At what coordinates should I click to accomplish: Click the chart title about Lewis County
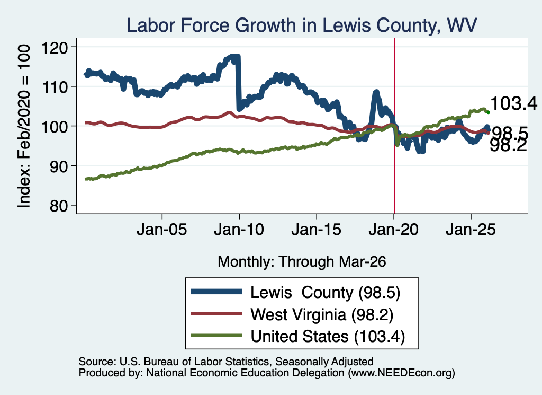point(302,25)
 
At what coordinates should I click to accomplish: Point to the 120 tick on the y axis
point(55,47)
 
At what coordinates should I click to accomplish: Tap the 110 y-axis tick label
point(55,86)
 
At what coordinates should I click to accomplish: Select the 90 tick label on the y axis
point(58,166)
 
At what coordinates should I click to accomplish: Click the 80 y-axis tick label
point(58,206)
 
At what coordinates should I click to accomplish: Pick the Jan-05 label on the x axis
point(162,230)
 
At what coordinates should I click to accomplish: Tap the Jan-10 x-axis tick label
point(239,230)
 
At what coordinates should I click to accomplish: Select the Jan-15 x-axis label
point(317,230)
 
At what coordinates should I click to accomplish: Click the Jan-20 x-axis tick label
point(394,230)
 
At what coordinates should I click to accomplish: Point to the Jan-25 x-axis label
point(471,230)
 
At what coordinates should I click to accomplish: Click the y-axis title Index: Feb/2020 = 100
point(24,126)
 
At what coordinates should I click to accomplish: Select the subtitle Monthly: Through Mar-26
point(302,262)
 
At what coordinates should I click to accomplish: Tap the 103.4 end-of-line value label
point(513,103)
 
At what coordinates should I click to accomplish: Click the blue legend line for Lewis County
point(216,292)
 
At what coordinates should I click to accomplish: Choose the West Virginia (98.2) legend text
point(322,315)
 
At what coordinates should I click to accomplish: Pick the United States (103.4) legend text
point(328,337)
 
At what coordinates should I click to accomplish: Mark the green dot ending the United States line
point(488,112)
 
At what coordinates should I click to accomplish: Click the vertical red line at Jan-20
point(394,126)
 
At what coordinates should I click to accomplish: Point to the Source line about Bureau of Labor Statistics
point(226,362)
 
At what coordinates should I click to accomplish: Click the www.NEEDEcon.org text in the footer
point(401,373)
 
